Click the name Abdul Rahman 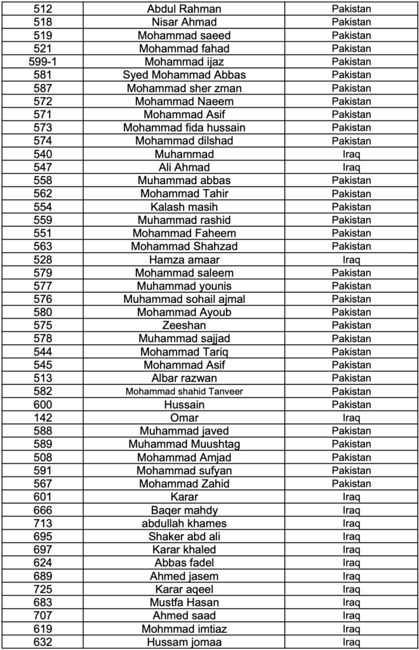pos(184,9)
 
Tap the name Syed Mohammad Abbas pos(184,75)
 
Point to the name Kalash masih pos(184,207)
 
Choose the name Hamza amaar pos(184,260)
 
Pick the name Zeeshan pos(184,326)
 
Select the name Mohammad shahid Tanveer pos(184,392)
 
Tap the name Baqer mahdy pos(184,510)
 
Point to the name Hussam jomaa pos(184,642)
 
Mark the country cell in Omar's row pos(351,418)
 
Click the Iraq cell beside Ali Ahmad pos(351,167)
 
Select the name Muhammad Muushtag pos(184,444)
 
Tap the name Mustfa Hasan pos(184,602)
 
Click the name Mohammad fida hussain pos(184,128)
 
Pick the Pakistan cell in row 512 pos(351,9)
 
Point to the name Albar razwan pos(184,378)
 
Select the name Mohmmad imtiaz pos(184,629)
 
